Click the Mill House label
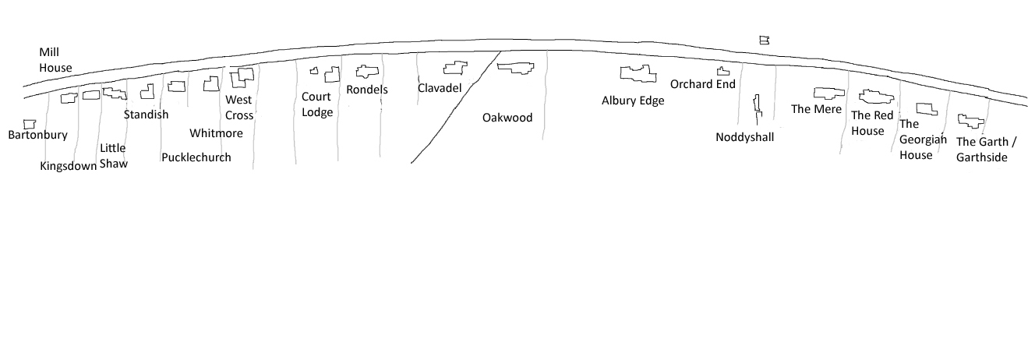pyautogui.click(x=55, y=59)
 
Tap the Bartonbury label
pyautogui.click(x=37, y=135)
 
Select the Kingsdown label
pyautogui.click(x=68, y=165)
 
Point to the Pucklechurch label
pyautogui.click(x=196, y=157)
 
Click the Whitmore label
pyautogui.click(x=216, y=132)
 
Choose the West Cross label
pyautogui.click(x=239, y=107)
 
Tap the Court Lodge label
pyautogui.click(x=317, y=104)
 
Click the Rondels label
pyautogui.click(x=367, y=90)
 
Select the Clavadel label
pyautogui.click(x=440, y=87)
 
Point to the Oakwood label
pyautogui.click(x=507, y=118)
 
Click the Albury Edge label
pyautogui.click(x=633, y=101)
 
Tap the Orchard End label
pyautogui.click(x=702, y=84)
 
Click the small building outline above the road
pyautogui.click(x=764, y=40)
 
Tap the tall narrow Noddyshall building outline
pyautogui.click(x=756, y=109)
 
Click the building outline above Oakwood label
pyautogui.click(x=516, y=68)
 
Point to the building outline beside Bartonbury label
pyautogui.click(x=30, y=124)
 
